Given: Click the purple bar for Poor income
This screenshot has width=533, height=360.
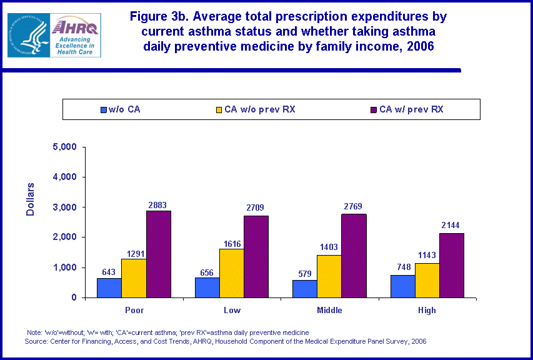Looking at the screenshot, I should click(x=159, y=254).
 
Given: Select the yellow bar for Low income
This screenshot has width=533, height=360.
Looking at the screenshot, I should click(x=232, y=273).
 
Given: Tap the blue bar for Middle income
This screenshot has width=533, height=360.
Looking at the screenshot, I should click(x=305, y=288).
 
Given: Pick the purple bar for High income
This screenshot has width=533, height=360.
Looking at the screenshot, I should click(x=451, y=265).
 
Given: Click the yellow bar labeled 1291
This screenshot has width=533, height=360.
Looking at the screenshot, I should click(x=134, y=277).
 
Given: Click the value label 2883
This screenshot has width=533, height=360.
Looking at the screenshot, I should click(x=157, y=205).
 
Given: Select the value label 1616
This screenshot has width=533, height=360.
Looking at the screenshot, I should click(x=232, y=244).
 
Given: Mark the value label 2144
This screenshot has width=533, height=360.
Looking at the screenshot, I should click(x=452, y=224).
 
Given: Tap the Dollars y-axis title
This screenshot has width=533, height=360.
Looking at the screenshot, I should click(x=31, y=199).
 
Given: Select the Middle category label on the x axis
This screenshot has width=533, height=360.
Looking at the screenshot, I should click(x=329, y=310).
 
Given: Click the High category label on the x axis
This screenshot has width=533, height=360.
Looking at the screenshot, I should click(x=427, y=310).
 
